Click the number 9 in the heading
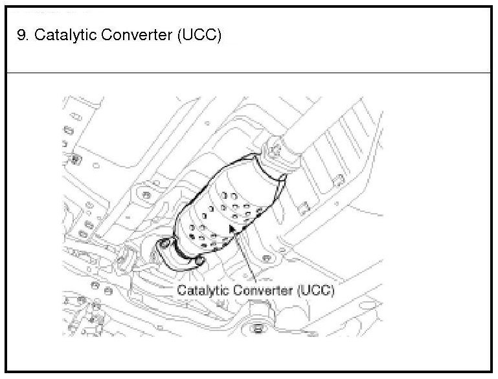[22, 35]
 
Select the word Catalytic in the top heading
[59, 35]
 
